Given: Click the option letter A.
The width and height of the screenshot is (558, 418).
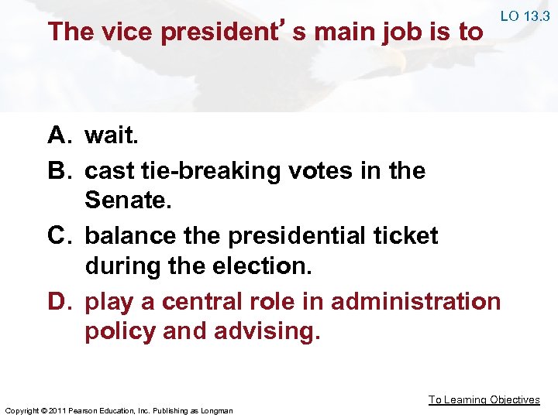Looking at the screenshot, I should coord(59,137).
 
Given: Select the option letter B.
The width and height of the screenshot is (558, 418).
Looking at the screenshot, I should coord(59,170).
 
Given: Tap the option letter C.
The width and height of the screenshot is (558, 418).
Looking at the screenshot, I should coord(60,235).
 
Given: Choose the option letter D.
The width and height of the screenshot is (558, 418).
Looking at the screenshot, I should coord(60,300).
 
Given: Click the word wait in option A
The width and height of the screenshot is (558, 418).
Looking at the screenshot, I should coord(112,137).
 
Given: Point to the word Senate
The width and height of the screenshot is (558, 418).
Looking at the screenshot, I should coord(125,202).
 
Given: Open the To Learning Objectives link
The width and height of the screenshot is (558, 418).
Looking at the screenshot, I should coord(484,400).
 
